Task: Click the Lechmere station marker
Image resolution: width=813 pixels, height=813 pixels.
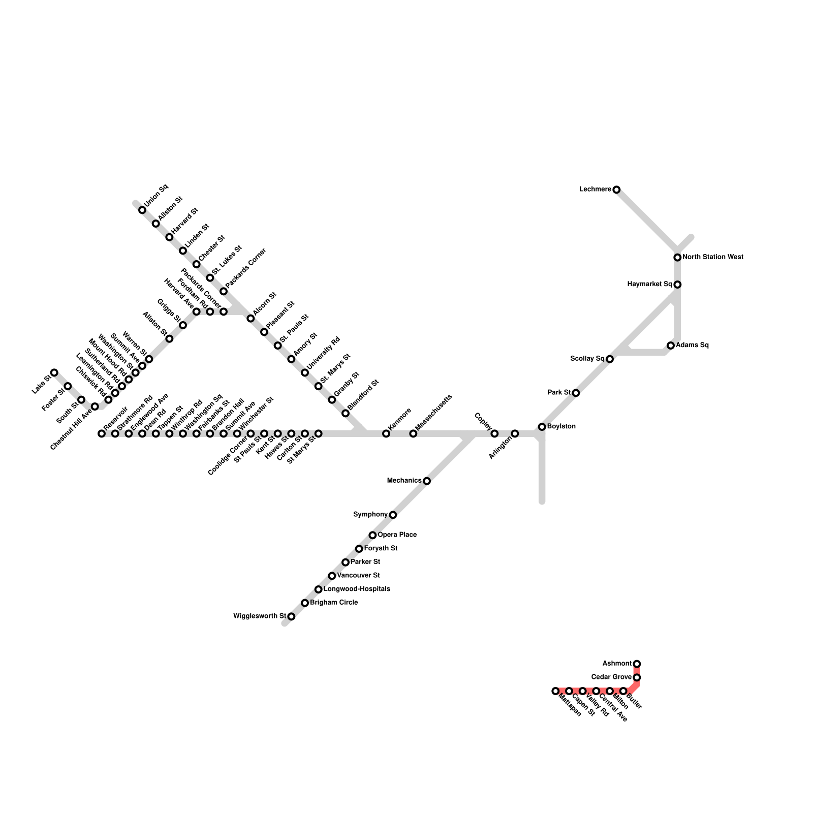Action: pos(616,190)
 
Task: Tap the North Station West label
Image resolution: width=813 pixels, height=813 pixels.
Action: pos(712,257)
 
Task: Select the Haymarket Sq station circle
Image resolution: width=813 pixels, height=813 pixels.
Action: pos(677,285)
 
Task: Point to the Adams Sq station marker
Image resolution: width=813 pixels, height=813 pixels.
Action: pos(671,346)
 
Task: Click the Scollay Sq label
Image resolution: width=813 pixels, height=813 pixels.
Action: pos(587,359)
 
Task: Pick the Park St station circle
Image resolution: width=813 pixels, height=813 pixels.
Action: pos(576,393)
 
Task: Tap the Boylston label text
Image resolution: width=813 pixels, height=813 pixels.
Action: pos(561,426)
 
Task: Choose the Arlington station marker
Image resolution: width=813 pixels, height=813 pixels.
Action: pos(515,433)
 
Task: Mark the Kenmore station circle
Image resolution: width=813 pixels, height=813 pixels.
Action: pos(386,433)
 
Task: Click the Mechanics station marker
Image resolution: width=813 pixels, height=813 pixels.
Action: pos(427,481)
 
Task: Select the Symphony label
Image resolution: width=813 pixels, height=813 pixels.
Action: pos(370,515)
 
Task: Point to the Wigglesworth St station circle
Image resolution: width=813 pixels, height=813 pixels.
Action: pos(291,616)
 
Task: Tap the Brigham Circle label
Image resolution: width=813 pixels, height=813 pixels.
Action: pos(334,603)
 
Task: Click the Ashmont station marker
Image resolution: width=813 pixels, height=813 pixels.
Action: pos(637,664)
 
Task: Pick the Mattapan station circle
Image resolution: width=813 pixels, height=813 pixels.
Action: pos(555,691)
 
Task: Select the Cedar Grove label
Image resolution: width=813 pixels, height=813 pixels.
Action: pos(611,677)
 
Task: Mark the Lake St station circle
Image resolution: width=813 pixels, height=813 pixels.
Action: pos(54,372)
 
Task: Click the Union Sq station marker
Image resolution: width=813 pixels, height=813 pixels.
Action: pos(142,210)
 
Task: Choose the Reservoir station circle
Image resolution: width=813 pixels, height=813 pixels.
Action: pos(102,433)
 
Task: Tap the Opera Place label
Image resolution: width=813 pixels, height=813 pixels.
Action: pos(397,535)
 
